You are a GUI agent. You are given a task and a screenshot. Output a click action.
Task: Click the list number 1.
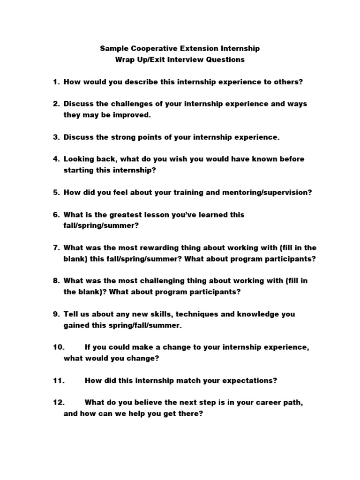pos(56,82)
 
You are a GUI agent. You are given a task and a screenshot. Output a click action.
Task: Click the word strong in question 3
pos(116,137)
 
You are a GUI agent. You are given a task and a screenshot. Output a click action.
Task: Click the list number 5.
pos(56,192)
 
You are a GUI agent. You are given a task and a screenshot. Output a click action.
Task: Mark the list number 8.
pos(56,281)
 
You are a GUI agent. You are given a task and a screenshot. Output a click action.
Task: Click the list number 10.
pos(58,347)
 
